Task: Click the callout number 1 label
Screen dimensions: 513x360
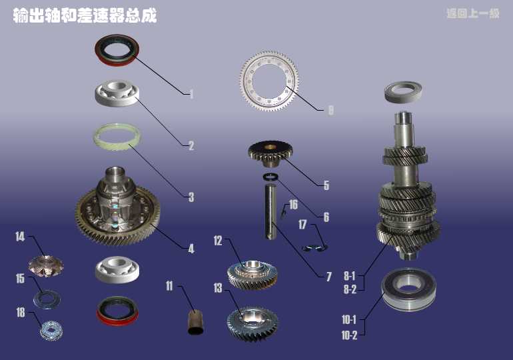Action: (191, 94)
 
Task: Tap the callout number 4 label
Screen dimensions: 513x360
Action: (191, 249)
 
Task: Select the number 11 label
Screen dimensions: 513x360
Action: (169, 286)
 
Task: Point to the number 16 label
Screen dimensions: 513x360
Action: (293, 205)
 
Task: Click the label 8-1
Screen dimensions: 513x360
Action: (349, 276)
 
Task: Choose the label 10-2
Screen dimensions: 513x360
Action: (349, 335)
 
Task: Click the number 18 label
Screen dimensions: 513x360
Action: (21, 312)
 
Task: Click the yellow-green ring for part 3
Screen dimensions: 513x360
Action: (117, 137)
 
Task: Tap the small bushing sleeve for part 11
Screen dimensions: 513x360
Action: (195, 323)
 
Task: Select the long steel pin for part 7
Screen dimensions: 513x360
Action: (270, 211)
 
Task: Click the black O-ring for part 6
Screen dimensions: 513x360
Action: (270, 177)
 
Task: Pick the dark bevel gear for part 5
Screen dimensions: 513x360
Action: (270, 154)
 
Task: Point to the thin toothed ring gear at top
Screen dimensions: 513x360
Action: (269, 81)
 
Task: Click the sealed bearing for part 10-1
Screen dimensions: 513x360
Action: (408, 289)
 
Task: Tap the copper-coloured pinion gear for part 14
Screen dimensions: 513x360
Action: (45, 267)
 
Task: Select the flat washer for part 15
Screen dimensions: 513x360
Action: (47, 299)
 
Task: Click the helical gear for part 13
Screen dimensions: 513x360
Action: (253, 323)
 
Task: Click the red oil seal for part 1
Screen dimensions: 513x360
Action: (117, 51)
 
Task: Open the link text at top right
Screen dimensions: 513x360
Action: (473, 13)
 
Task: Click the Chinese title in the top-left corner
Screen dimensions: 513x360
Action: (85, 15)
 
